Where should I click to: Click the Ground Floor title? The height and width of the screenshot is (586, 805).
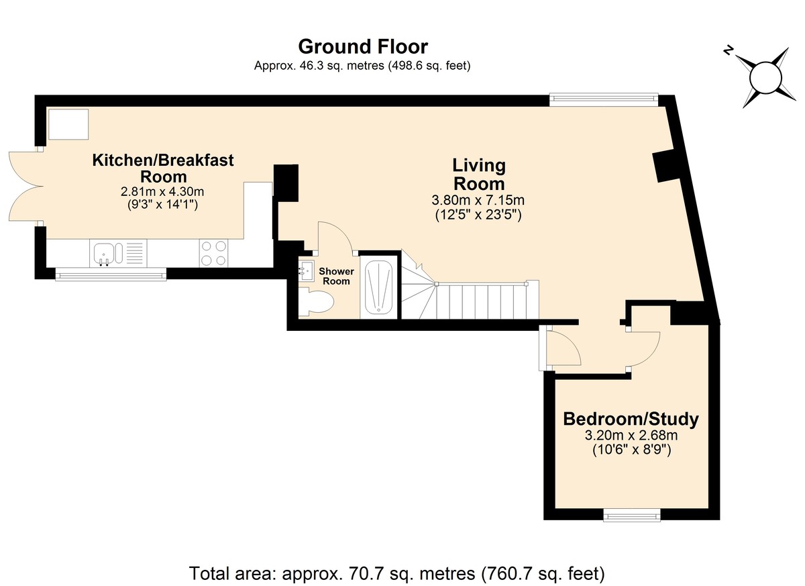tap(363, 47)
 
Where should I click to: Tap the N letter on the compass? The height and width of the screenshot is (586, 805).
tap(728, 61)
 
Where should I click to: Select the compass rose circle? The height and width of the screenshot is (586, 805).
tap(766, 78)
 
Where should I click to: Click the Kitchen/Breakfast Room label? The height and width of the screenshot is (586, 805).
tap(163, 168)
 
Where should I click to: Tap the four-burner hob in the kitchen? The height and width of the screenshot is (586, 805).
tap(213, 253)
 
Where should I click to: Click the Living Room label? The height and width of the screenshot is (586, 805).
tap(479, 175)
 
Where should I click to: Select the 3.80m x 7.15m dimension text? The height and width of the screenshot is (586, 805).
tap(478, 200)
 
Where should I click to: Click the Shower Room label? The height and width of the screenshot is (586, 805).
tap(336, 276)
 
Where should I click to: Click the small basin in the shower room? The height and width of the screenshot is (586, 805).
tap(306, 271)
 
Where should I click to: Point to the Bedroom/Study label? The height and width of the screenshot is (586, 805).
tap(631, 419)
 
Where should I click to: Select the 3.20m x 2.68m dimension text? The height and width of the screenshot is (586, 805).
tap(631, 436)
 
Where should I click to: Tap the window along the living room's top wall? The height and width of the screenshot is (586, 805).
tap(604, 100)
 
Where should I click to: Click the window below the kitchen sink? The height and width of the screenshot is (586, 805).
tap(111, 275)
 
